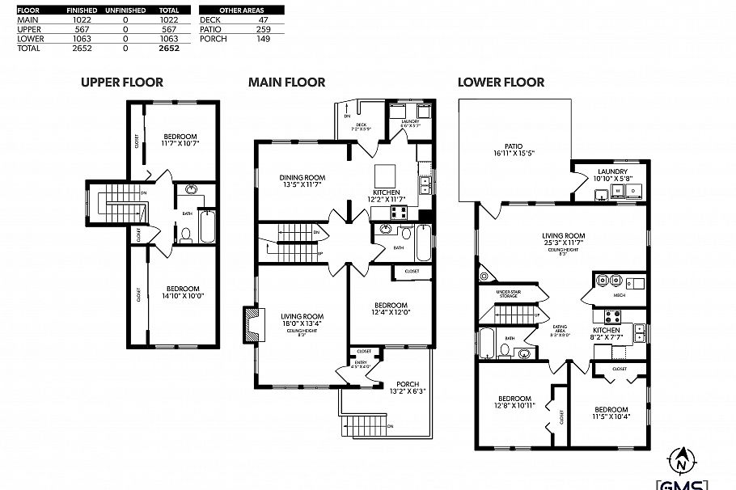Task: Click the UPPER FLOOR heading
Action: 121,82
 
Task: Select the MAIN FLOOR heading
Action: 286,82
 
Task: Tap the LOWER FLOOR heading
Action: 501,82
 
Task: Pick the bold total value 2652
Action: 168,49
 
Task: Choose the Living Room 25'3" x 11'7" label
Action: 563,241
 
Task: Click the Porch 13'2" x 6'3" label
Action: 407,388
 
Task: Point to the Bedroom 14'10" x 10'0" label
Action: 183,292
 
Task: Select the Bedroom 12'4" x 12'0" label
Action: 389,309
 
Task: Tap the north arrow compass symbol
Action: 681,460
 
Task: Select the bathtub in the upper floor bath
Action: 205,226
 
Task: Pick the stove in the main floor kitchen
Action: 398,213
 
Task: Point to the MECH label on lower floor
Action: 619,296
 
